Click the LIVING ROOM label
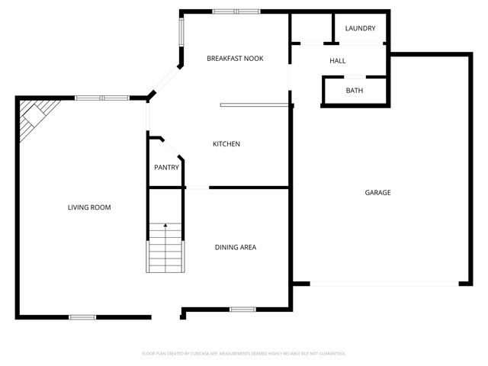coord(89,207)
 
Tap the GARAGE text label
coord(377,192)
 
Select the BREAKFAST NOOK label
coord(236,58)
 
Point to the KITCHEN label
coord(226,144)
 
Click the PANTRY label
coord(166,167)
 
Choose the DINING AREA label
coord(235,247)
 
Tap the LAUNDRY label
coord(360,28)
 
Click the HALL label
coord(337,60)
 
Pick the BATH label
coord(355,91)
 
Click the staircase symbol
coord(165,246)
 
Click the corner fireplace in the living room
coord(34,117)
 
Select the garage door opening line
coord(385,284)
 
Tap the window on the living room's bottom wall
coord(82,316)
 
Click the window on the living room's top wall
coord(101,98)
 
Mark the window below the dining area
coord(242,309)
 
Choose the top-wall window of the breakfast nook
coord(236,11)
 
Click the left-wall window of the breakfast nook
coord(181,32)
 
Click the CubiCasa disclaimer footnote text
coord(244,353)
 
